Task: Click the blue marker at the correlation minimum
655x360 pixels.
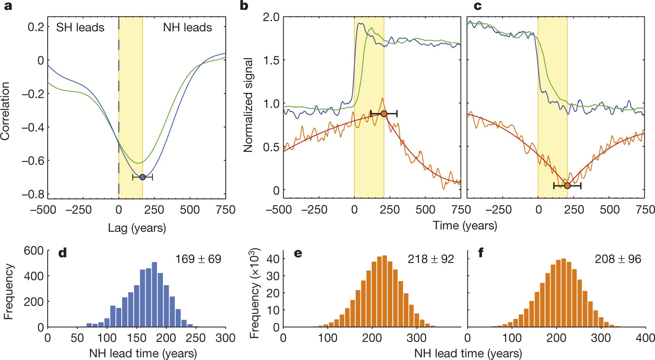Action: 142,177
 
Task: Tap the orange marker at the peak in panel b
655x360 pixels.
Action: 384,113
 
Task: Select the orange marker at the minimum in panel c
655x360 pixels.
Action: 567,186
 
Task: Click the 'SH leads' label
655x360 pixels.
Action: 80,28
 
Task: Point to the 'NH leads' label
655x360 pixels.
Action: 187,28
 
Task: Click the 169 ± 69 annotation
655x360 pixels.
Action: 198,259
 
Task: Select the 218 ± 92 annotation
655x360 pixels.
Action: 431,259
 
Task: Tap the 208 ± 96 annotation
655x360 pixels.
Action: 618,259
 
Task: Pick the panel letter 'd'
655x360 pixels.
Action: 62,252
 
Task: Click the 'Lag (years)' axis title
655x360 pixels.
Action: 137,228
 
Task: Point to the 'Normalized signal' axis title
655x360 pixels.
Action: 248,105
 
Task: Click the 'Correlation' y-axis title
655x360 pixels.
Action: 5,111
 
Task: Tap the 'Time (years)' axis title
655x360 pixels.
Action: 465,225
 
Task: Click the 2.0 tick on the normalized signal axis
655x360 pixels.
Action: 271,17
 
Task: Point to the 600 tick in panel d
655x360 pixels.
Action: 34,251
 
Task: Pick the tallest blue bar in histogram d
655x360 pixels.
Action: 155,295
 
